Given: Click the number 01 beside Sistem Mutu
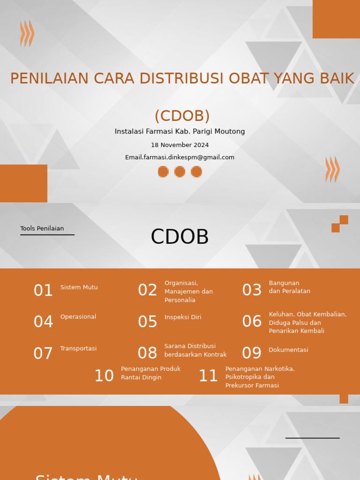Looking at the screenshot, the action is (x=43, y=290).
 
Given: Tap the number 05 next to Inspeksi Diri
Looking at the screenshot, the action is (x=148, y=322).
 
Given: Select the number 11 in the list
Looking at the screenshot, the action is (x=208, y=375).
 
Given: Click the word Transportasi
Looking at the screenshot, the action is (x=78, y=348).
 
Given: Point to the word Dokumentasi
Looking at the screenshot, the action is (x=288, y=350).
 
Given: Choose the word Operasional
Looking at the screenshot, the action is (x=78, y=317).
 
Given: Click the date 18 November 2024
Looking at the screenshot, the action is (x=180, y=145).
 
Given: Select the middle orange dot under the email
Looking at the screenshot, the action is (x=180, y=172).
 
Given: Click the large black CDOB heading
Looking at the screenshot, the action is (x=180, y=237).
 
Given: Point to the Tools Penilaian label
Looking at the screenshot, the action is (x=42, y=228).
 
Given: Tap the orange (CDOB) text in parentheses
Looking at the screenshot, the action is (x=182, y=116).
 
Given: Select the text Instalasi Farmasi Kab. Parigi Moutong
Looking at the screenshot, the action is (x=180, y=131).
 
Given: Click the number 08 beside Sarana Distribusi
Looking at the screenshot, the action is (x=147, y=353).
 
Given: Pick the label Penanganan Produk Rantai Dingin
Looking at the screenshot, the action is (x=151, y=373).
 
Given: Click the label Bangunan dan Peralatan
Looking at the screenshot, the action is (x=290, y=287).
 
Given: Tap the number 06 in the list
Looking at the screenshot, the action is (x=252, y=322).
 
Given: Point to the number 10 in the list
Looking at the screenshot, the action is (x=104, y=375).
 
